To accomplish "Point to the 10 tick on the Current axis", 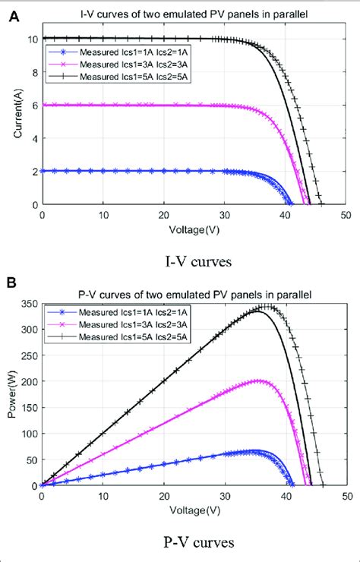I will pos(31,38).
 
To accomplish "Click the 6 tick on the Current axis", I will pos(33,105).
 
